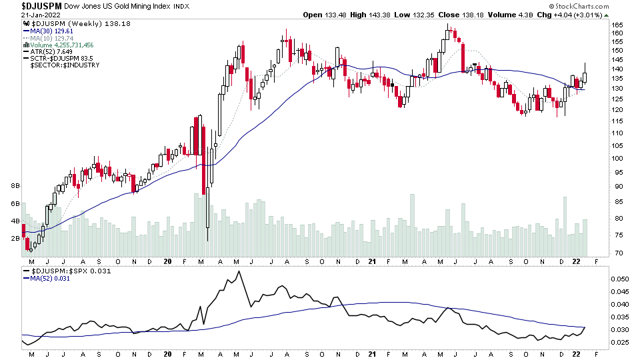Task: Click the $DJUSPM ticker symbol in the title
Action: tap(31, 5)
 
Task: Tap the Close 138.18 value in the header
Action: tap(469, 15)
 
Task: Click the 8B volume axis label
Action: tap(15, 186)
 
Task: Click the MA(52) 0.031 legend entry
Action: tap(51, 278)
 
